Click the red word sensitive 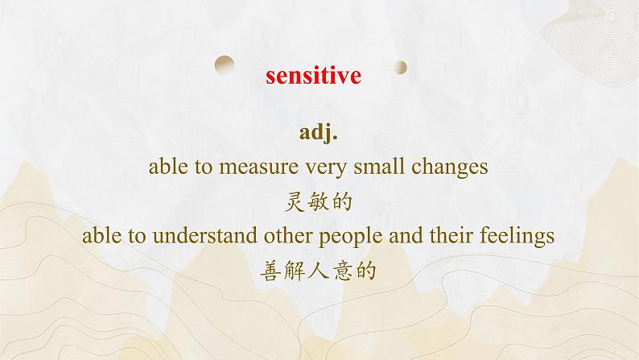(313, 75)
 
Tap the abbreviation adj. (319, 132)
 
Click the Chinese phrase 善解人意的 (319, 271)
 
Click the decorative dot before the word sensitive (225, 62)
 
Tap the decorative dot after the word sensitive (401, 67)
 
